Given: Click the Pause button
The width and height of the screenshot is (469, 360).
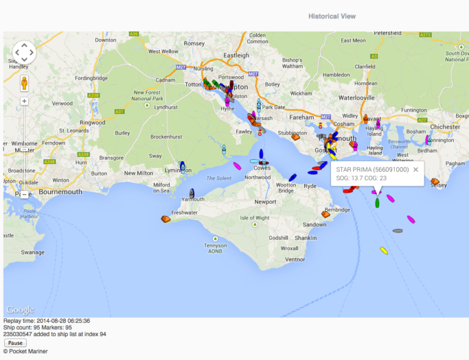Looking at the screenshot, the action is (x=15, y=343).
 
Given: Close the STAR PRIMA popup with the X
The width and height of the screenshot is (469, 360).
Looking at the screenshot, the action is (x=416, y=170).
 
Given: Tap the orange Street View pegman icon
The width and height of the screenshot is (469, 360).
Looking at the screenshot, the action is (x=24, y=83).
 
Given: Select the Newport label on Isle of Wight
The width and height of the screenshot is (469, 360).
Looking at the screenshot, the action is (x=266, y=201).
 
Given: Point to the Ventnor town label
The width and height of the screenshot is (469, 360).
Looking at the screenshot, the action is (x=295, y=259).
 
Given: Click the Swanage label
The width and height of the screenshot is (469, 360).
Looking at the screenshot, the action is (x=33, y=252).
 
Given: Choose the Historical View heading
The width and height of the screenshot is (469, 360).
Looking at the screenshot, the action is (x=332, y=16).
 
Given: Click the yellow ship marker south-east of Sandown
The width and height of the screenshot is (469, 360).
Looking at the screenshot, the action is (x=384, y=250).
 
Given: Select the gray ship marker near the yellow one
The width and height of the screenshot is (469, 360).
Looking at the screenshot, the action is (x=398, y=231).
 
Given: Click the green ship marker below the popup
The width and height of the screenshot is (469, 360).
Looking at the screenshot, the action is (x=377, y=203).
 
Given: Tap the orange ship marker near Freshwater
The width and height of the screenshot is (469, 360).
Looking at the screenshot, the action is (x=165, y=218).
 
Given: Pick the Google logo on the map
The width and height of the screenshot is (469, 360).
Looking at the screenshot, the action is (x=20, y=310).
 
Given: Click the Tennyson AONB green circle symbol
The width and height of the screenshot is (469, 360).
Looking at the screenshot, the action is (x=215, y=239).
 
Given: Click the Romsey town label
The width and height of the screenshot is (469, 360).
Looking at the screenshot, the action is (x=194, y=43).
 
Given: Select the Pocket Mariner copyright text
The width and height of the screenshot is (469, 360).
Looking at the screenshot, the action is (x=26, y=351).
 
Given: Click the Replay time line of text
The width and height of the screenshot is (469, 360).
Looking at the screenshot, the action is (x=46, y=321).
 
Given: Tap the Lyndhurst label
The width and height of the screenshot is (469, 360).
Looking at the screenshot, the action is (x=165, y=107).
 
